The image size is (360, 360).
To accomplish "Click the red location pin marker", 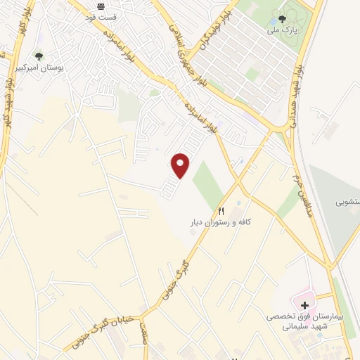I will click(x=181, y=165).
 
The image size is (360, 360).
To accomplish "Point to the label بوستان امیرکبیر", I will click(x=39, y=68).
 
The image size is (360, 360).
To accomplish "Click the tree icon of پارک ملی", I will click(x=282, y=19).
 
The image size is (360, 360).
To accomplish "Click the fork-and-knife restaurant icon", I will click(x=222, y=211).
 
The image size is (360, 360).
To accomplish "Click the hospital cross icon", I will click(x=304, y=305).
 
